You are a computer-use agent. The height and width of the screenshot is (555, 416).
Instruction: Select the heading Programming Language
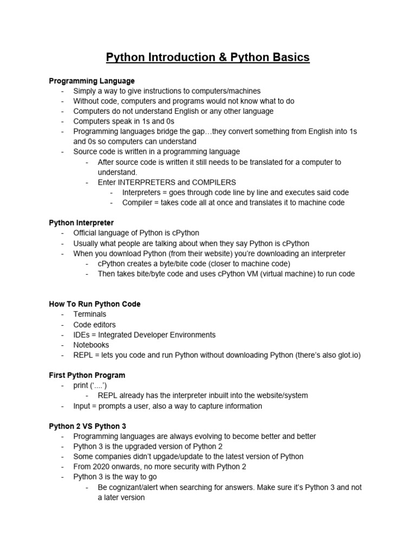[x=92, y=81]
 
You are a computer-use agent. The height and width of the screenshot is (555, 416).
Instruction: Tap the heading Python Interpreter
[x=81, y=223]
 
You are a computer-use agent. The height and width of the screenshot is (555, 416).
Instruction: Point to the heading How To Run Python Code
[x=95, y=304]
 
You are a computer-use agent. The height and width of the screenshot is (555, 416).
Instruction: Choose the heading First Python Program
[x=87, y=375]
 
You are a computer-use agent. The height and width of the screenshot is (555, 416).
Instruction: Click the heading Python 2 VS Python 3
[x=88, y=427]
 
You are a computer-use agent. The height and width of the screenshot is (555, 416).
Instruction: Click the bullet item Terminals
[x=90, y=314]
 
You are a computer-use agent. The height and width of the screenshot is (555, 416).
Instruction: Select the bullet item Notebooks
[x=91, y=345]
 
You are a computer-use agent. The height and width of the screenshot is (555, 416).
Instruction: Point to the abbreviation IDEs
[x=83, y=335]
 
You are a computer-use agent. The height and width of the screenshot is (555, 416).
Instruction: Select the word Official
[x=87, y=233]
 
